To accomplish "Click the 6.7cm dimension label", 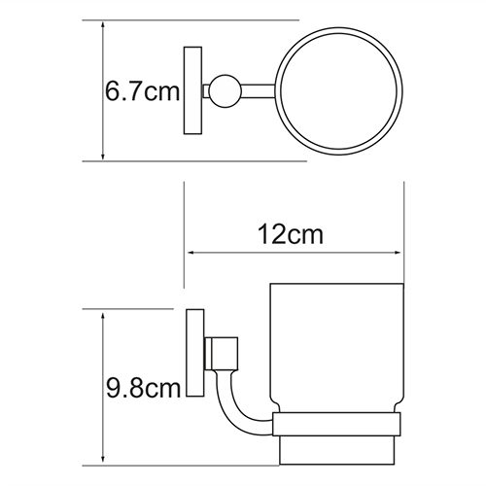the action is pyautogui.click(x=142, y=91).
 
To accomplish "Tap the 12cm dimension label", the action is pyautogui.click(x=291, y=235).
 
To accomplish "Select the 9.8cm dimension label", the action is pyautogui.click(x=143, y=388).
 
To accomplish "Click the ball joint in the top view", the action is pyautogui.click(x=225, y=91).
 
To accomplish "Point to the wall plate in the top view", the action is pyautogui.click(x=192, y=90).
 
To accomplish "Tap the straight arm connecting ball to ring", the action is pyautogui.click(x=259, y=91).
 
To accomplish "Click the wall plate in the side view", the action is pyautogui.click(x=195, y=353).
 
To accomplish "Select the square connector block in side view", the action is pyautogui.click(x=222, y=354).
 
